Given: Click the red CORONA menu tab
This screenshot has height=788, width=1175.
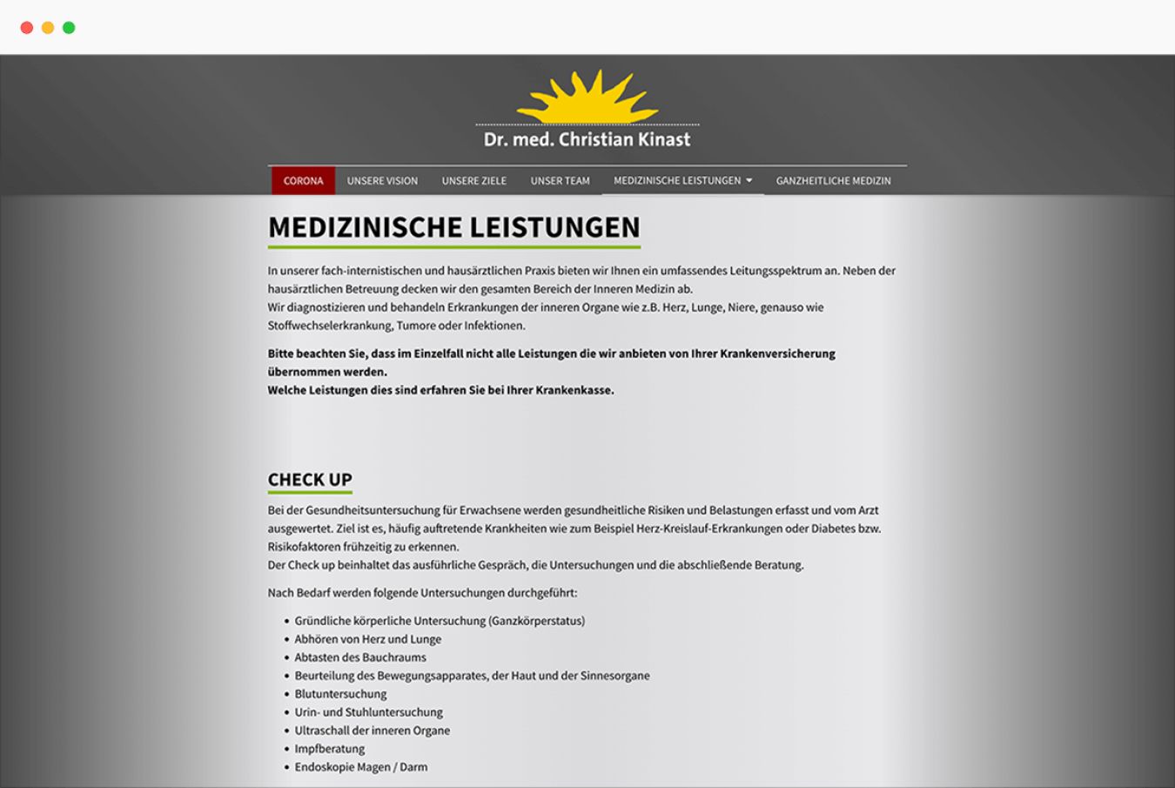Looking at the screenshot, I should pyautogui.click(x=303, y=181).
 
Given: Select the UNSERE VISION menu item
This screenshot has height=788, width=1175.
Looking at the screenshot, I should pyautogui.click(x=382, y=181).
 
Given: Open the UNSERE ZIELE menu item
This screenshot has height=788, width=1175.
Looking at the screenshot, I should pyautogui.click(x=473, y=181).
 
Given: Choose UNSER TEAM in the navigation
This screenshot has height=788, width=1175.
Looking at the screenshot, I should pyautogui.click(x=560, y=181).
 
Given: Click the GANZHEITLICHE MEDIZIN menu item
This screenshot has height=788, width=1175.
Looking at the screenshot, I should pyautogui.click(x=833, y=181).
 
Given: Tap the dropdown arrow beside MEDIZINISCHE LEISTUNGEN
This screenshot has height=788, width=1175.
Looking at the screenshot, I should pyautogui.click(x=749, y=180).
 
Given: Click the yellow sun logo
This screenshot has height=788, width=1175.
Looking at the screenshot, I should pyautogui.click(x=587, y=98).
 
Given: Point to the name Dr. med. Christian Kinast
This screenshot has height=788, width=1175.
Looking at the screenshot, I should pyautogui.click(x=587, y=139).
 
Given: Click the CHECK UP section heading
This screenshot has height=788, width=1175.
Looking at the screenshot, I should pyautogui.click(x=310, y=480).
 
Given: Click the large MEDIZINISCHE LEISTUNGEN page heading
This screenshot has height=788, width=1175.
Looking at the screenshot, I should pyautogui.click(x=453, y=227).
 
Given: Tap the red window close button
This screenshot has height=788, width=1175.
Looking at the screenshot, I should pyautogui.click(x=27, y=28).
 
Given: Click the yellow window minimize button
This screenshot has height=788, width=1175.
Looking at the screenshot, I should pyautogui.click(x=48, y=28).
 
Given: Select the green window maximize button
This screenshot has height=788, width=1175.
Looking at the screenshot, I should pyautogui.click(x=69, y=28).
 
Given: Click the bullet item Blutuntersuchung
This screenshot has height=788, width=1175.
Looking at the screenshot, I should pyautogui.click(x=340, y=694).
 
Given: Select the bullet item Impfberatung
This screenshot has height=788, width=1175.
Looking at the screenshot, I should pyautogui.click(x=329, y=749).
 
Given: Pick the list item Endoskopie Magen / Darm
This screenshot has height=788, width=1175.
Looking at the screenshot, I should pyautogui.click(x=360, y=767).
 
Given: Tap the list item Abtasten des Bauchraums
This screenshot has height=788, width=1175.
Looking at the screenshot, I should pyautogui.click(x=360, y=657).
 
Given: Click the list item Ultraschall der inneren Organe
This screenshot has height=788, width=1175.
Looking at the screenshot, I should pyautogui.click(x=372, y=731).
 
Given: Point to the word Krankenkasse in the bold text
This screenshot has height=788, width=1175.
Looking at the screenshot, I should pyautogui.click(x=574, y=390).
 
